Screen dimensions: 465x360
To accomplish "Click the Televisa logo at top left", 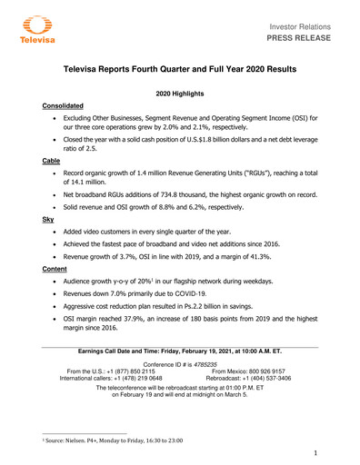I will click(x=35, y=29).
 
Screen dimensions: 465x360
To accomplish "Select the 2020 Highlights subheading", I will click(x=180, y=94).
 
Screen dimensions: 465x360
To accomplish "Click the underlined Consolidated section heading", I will click(x=66, y=106).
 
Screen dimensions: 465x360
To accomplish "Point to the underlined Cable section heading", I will click(x=52, y=160).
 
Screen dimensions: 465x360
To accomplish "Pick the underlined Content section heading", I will click(x=56, y=268).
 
